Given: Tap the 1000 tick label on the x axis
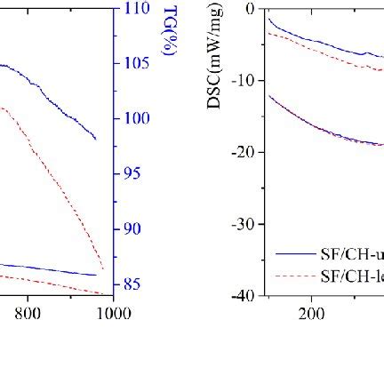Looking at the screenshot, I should pyautogui.click(x=113, y=314).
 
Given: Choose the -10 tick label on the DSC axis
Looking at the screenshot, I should pyautogui.click(x=242, y=81).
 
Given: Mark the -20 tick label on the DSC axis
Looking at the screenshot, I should pyautogui.click(x=242, y=153).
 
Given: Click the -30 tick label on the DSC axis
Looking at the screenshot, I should pyautogui.click(x=242, y=225).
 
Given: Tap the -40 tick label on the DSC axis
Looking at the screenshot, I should pyautogui.click(x=242, y=295).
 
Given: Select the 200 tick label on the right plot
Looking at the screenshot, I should pyautogui.click(x=311, y=314).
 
